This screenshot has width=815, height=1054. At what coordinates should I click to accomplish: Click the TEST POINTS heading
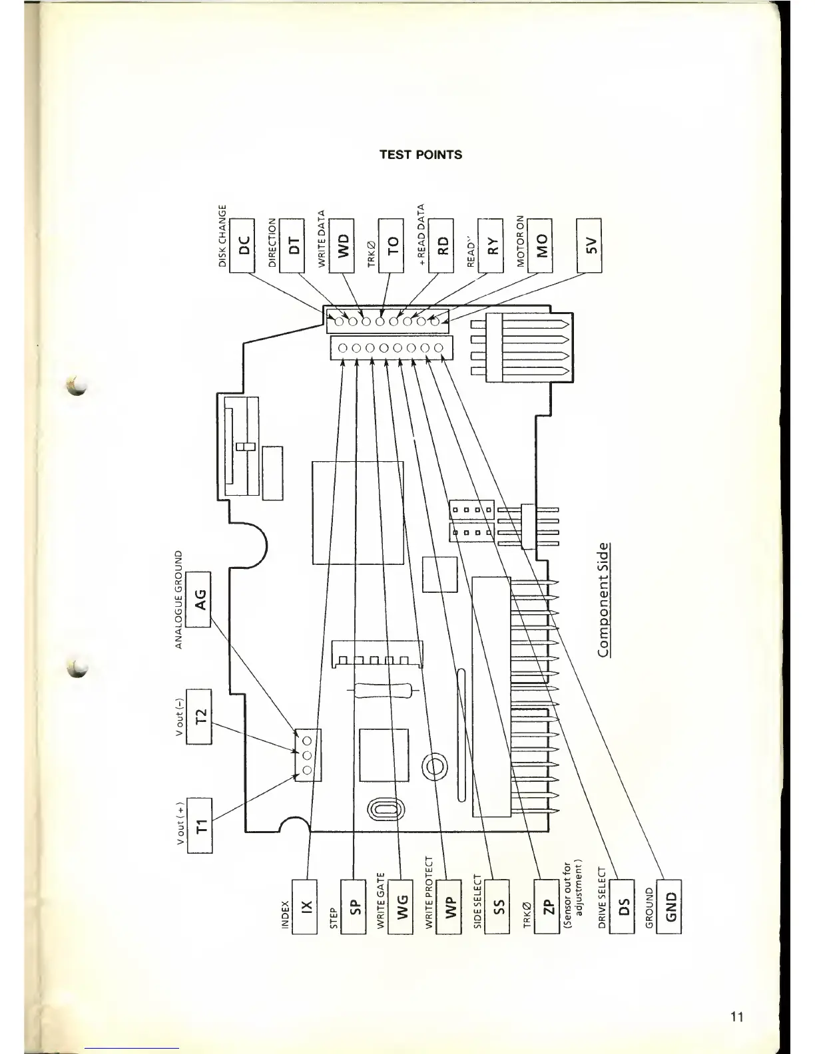pyautogui.click(x=420, y=155)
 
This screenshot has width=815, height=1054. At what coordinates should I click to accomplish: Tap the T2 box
pyautogui.click(x=199, y=715)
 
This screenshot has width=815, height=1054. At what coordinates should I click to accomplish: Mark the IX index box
pyautogui.click(x=306, y=906)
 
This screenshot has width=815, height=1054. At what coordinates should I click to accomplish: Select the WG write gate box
pyautogui.click(x=402, y=906)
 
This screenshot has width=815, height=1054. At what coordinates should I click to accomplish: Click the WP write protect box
pyautogui.click(x=449, y=906)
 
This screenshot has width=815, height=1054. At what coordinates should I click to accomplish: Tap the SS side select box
pyautogui.click(x=497, y=906)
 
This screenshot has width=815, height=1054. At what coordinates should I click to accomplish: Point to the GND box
pyautogui.click(x=669, y=906)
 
